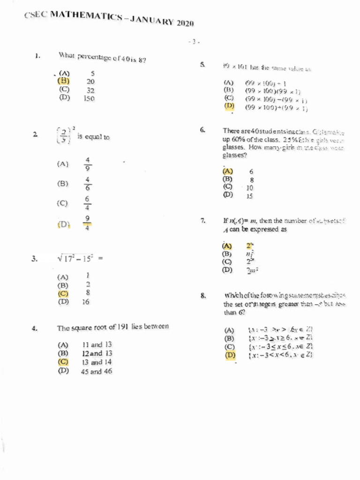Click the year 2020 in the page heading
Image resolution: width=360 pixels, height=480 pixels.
click(x=185, y=23)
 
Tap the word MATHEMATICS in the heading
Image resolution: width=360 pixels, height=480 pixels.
click(x=79, y=17)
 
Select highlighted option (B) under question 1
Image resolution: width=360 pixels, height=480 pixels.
click(x=64, y=81)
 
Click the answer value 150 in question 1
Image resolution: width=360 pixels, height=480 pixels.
click(x=89, y=98)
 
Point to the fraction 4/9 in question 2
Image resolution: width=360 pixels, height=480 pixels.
click(x=88, y=164)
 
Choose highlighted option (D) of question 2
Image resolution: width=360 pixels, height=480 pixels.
click(x=64, y=224)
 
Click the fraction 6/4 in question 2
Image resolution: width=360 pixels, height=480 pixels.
click(x=88, y=203)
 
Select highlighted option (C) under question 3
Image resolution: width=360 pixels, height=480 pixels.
click(x=63, y=293)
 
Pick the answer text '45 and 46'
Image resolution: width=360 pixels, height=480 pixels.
click(x=97, y=371)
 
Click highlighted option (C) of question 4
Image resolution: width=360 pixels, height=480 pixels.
click(x=63, y=362)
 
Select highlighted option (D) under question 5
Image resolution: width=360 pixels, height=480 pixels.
click(x=229, y=106)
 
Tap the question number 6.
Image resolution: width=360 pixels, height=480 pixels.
click(x=202, y=130)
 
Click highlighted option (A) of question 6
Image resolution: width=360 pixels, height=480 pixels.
click(x=228, y=172)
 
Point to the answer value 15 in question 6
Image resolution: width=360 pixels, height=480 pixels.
click(x=249, y=196)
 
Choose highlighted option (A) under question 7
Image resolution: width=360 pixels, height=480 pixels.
click(x=227, y=246)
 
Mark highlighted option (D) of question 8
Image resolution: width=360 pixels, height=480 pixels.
click(x=230, y=355)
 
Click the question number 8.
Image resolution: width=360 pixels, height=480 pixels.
click(x=203, y=295)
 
